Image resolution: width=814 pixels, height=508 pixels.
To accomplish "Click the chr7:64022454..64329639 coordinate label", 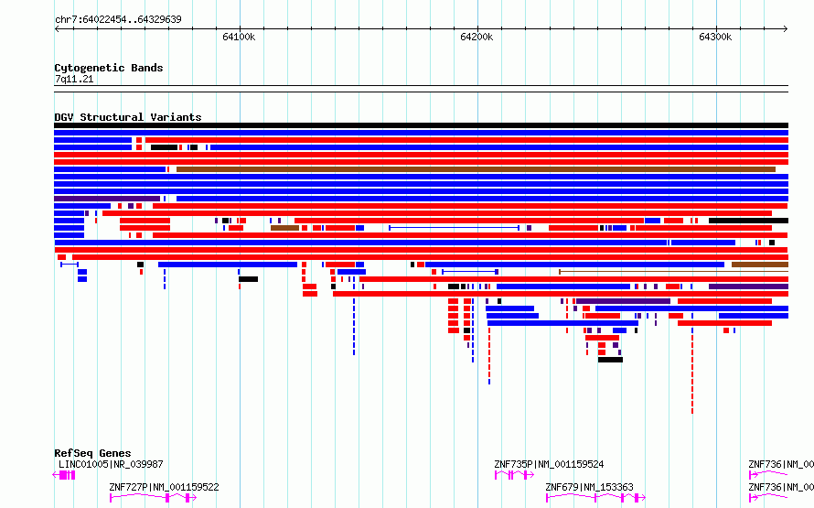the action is coord(118,20).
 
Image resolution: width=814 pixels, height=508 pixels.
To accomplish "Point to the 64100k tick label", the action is coord(239,37).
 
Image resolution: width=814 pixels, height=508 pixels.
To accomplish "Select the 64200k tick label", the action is coord(477,37).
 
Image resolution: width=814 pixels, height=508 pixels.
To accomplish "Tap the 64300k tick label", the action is coord(715,37).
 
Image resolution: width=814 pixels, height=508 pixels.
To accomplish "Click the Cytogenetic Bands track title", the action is coord(109,68).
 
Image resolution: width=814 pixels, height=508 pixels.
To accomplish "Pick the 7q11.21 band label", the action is coord(74,79).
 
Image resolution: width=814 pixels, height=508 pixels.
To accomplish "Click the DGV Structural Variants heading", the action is coord(128,117).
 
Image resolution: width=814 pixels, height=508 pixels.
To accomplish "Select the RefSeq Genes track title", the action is coord(92,453).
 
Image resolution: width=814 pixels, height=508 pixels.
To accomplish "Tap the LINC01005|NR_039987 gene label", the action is coord(111,464).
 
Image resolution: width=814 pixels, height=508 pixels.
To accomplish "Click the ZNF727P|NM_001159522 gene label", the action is coord(164,487).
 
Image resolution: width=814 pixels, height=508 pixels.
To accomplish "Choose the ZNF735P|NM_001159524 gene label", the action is coord(549,464).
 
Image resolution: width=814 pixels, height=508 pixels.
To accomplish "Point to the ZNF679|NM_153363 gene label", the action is coord(589,487).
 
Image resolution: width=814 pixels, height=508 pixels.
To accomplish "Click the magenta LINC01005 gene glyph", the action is coord(64,475).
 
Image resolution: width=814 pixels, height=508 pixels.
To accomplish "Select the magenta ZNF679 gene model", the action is coord(595,498).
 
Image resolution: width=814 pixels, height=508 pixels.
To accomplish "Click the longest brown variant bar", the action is coord(476,169).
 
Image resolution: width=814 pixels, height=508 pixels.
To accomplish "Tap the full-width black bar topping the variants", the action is coord(421,125).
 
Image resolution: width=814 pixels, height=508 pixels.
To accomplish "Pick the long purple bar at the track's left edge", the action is coord(107,199).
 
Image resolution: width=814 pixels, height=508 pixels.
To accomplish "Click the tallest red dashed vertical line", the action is coord(692,371).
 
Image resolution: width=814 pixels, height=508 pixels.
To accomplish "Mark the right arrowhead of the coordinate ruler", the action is coord(786,29).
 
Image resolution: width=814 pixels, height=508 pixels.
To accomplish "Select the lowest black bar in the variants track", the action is coord(611,360).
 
